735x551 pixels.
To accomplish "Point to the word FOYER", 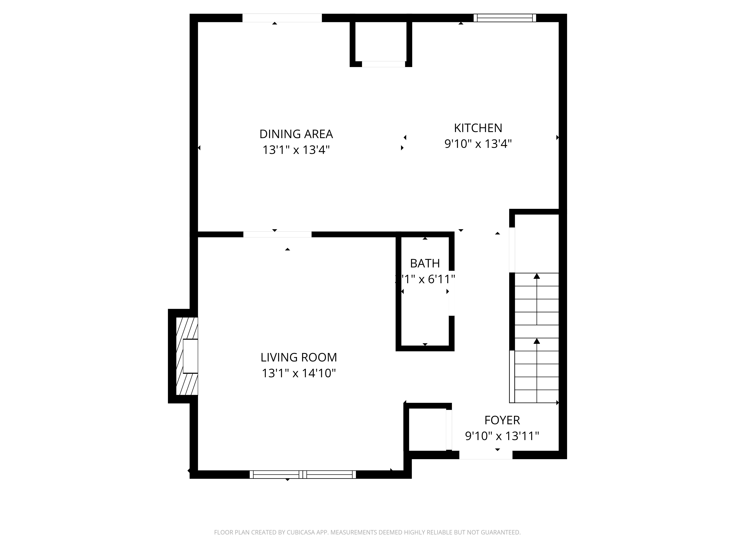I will (502, 420).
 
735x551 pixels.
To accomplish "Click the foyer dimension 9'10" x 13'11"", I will (502, 436).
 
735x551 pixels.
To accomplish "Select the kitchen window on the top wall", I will (504, 18).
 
